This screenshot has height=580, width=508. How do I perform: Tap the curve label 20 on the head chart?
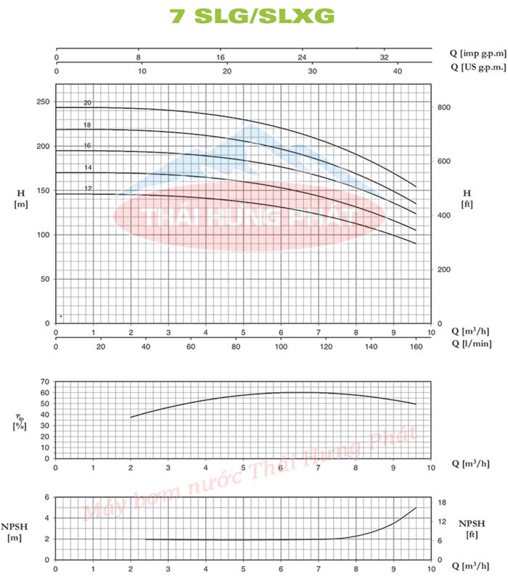(x=87, y=103)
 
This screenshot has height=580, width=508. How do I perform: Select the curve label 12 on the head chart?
(x=87, y=188)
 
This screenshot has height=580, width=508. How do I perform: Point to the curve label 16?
(x=87, y=146)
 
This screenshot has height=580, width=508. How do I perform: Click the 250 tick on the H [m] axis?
(x=43, y=102)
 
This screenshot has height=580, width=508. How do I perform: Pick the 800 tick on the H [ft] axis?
(x=443, y=107)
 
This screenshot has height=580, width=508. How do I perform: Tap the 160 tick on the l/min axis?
(x=416, y=347)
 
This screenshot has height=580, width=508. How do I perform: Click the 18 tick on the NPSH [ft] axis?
(x=441, y=502)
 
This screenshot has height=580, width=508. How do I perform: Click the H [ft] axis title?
(x=467, y=198)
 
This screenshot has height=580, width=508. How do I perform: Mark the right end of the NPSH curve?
(x=417, y=507)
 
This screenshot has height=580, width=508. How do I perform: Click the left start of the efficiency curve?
(x=131, y=418)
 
